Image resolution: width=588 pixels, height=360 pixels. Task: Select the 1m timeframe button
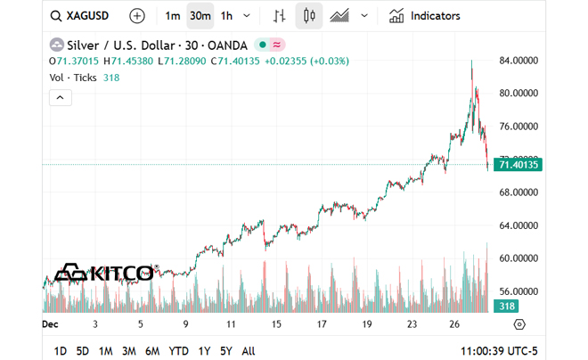[173, 16]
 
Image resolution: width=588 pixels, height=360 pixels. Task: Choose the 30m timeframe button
[200, 16]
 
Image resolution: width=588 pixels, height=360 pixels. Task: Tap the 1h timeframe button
[226, 16]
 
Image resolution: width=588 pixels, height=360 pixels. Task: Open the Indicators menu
[425, 16]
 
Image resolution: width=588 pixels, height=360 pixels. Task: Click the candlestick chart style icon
[309, 16]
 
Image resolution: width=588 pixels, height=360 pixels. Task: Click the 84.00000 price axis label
[520, 61]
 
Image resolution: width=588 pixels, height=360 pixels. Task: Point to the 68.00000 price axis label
[520, 192]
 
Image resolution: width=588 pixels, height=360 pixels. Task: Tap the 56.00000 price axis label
[520, 291]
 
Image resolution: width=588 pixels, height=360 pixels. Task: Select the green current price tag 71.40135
[519, 165]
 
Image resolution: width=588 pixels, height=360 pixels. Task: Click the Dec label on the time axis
[50, 325]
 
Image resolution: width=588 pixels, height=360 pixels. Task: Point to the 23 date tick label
[412, 325]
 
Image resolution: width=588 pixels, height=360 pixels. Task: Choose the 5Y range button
[226, 351]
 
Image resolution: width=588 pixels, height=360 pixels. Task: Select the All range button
[249, 351]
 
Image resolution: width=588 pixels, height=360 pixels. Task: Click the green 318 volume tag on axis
[506, 307]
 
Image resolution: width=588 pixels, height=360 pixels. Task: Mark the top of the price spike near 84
[472, 61]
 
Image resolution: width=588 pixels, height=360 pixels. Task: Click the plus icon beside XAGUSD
[136, 16]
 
